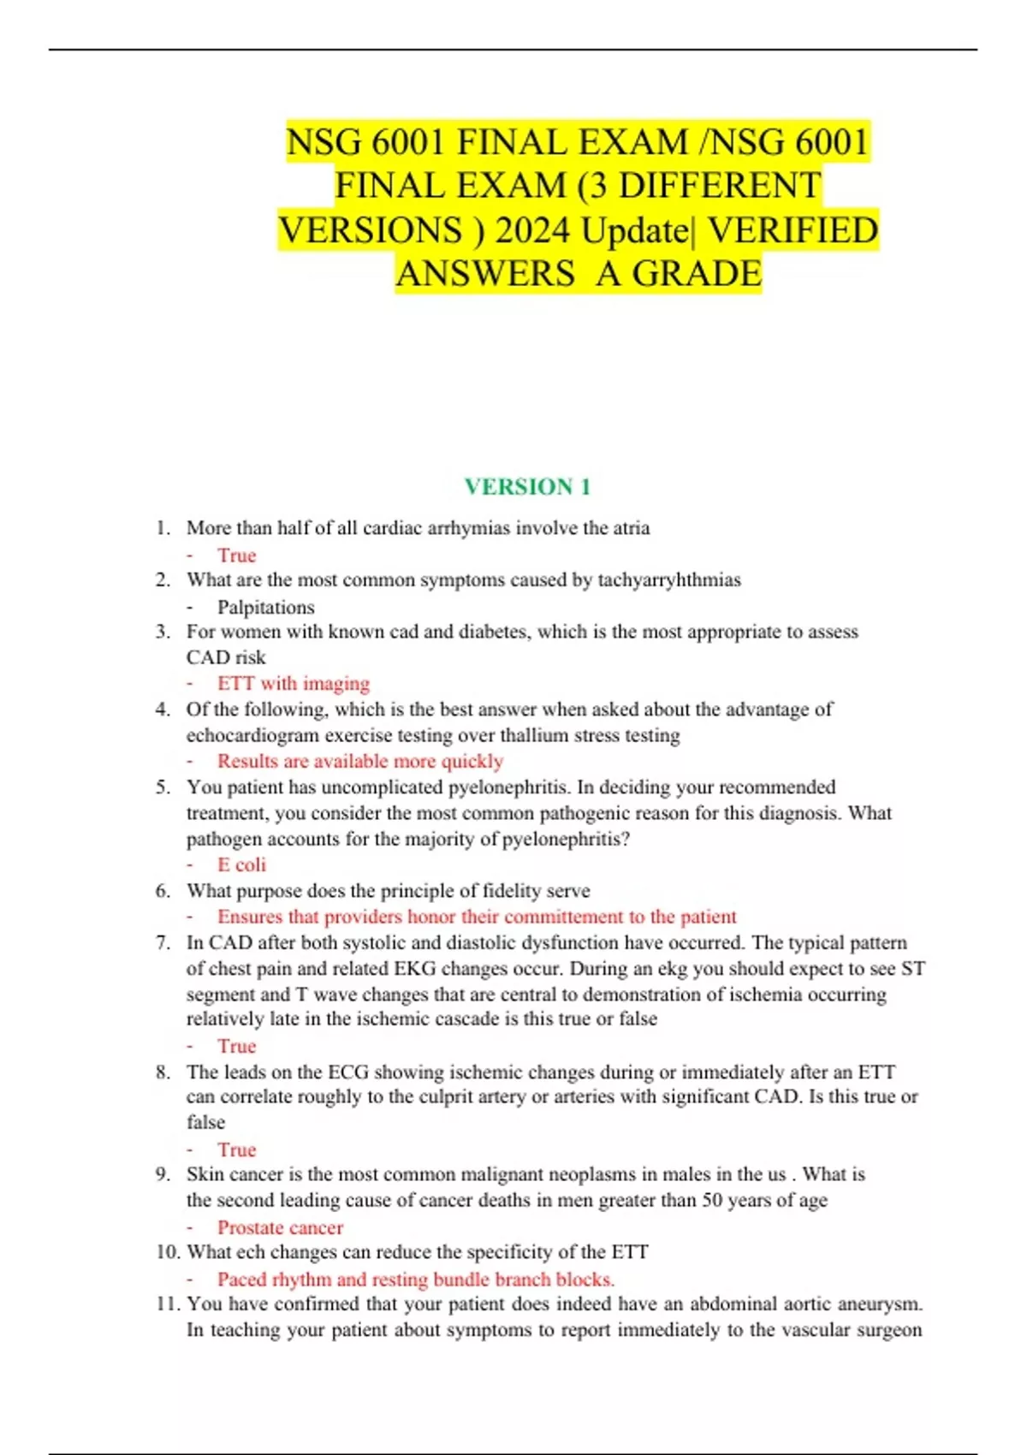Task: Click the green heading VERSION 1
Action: point(527,487)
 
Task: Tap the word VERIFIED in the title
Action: point(793,230)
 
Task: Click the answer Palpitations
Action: point(265,607)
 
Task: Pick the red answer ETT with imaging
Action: point(294,684)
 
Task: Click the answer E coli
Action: point(241,864)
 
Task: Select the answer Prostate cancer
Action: point(280,1227)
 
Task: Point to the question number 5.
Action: point(163,787)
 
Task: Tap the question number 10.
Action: point(168,1252)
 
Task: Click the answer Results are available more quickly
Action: point(359,761)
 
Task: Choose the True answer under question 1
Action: point(237,555)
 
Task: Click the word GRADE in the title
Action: point(697,274)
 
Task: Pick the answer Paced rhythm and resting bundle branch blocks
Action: point(416,1280)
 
